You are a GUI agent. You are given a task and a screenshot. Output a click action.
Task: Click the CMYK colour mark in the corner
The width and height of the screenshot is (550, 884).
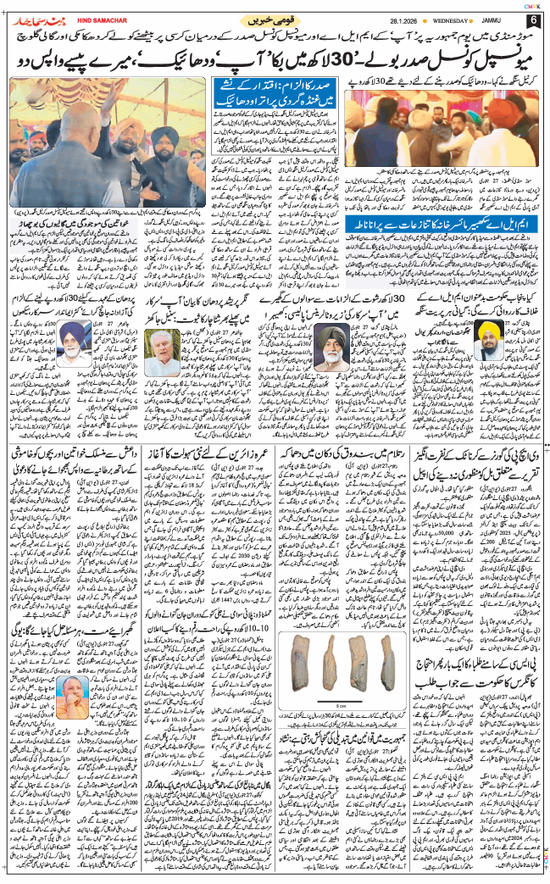[532, 6]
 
